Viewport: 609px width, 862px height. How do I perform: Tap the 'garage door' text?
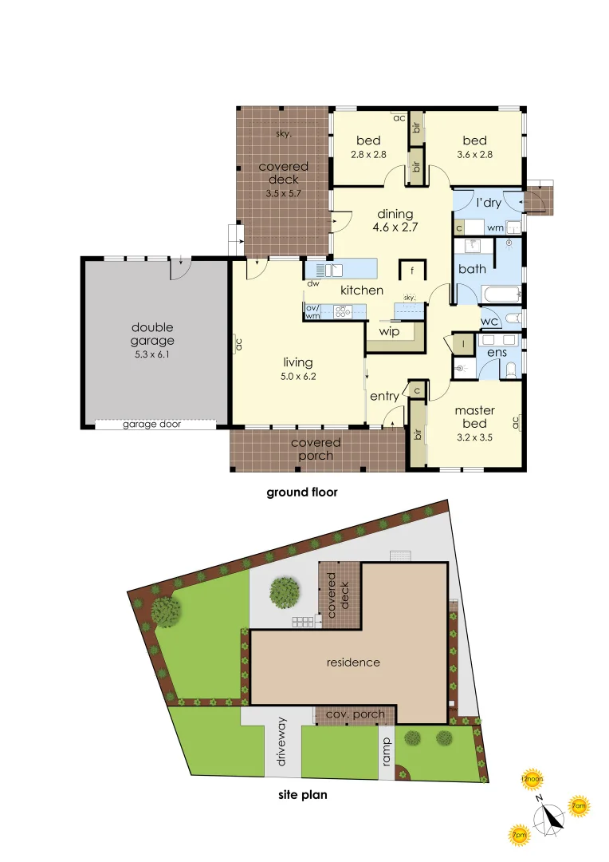[x=151, y=425]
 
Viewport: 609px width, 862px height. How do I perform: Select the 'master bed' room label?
[x=474, y=417]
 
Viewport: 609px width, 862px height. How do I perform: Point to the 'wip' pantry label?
[x=389, y=331]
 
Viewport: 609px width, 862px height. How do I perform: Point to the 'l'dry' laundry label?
[x=489, y=203]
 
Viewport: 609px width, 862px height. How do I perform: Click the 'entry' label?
[x=383, y=396]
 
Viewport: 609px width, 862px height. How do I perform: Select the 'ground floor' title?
[x=301, y=492]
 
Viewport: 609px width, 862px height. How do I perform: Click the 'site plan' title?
[x=302, y=795]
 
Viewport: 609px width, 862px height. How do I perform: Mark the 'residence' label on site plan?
[x=353, y=662]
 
